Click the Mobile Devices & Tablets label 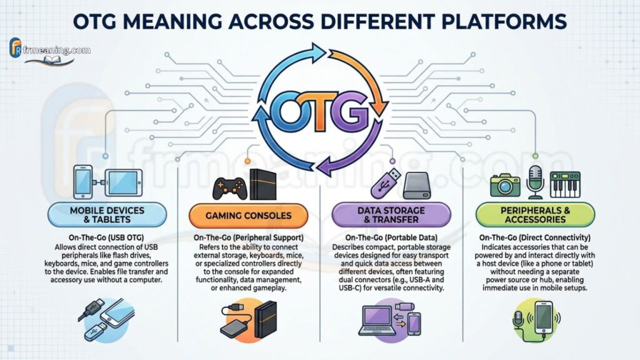tap(107, 215)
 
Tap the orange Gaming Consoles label tap(248, 216)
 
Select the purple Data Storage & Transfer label tap(391, 215)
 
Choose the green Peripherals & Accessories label tap(535, 215)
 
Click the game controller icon tap(230, 188)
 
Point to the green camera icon tap(505, 185)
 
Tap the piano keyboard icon tap(565, 185)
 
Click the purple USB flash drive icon tap(385, 183)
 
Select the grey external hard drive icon tap(417, 186)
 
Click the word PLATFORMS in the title tap(504, 21)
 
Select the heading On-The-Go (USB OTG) tap(106, 237)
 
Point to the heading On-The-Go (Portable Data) tap(391, 237)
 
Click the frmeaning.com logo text tap(57, 50)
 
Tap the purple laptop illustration tap(377, 319)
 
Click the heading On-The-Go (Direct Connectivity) tap(535, 237)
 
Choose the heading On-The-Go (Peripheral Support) tap(248, 237)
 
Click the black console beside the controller tap(263, 184)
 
